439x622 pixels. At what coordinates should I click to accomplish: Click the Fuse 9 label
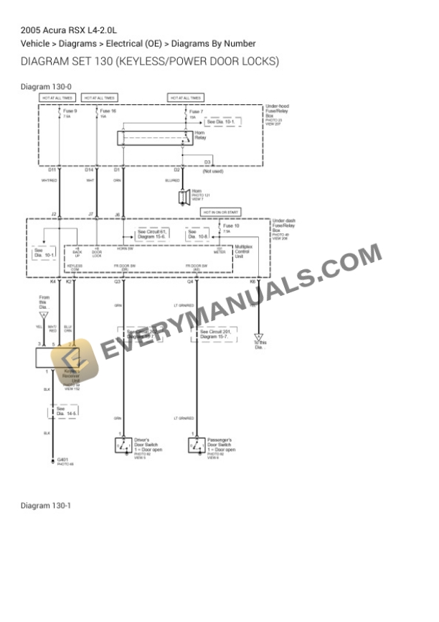(70, 111)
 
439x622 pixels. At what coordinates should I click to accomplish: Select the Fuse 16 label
(108, 111)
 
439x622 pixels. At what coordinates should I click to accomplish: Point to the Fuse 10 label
(231, 226)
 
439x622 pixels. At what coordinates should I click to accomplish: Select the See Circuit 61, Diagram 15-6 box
(152, 234)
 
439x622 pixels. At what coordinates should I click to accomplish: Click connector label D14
(89, 170)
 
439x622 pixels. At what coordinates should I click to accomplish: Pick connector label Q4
(190, 282)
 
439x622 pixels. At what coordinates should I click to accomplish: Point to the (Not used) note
(213, 171)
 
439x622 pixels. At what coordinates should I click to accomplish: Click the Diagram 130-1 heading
(46, 506)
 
